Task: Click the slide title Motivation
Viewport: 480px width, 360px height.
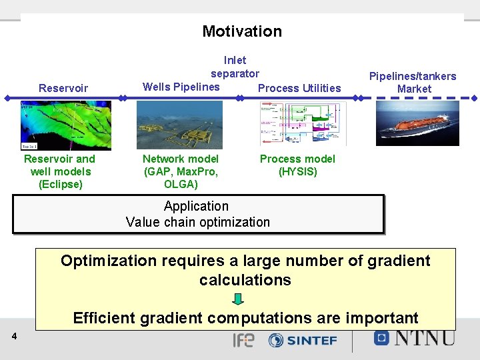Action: pyautogui.click(x=242, y=31)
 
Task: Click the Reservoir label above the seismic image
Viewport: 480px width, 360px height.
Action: pyautogui.click(x=63, y=88)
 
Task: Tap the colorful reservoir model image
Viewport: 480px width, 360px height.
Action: pyautogui.click(x=64, y=125)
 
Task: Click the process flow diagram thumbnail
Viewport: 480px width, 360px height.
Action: pyautogui.click(x=303, y=124)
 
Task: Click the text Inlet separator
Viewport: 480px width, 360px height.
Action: pyautogui.click(x=235, y=67)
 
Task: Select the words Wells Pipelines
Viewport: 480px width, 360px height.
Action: pyautogui.click(x=181, y=87)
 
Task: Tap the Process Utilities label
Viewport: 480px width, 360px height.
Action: pyautogui.click(x=299, y=88)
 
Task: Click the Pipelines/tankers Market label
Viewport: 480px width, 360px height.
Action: pyautogui.click(x=413, y=82)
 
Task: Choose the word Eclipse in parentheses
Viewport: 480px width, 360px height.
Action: pyautogui.click(x=61, y=184)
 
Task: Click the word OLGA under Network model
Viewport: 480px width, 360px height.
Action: pyautogui.click(x=181, y=184)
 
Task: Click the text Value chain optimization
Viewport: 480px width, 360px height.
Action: pyautogui.click(x=198, y=222)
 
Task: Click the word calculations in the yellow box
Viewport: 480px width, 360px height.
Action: pyautogui.click(x=245, y=280)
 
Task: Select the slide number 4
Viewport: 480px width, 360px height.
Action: pyautogui.click(x=15, y=337)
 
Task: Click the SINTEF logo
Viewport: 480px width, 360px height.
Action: pyautogui.click(x=303, y=340)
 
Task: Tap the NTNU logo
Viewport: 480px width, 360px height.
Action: pyautogui.click(x=414, y=337)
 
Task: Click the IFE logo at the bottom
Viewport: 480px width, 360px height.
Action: pyautogui.click(x=243, y=340)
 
